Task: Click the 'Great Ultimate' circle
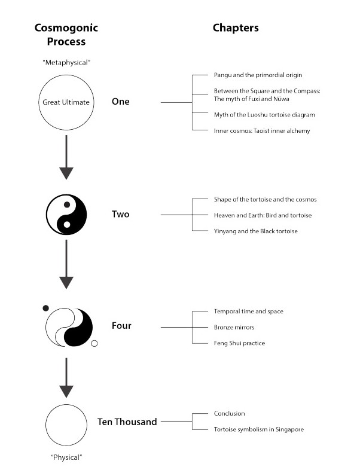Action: pos(66,102)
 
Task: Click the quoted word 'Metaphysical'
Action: pos(66,63)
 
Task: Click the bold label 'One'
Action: pos(120,102)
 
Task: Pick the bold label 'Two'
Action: pos(120,215)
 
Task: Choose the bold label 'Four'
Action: pos(121,326)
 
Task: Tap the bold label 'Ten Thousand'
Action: pos(127,422)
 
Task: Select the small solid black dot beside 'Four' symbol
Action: pos(45,308)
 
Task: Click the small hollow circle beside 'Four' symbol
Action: pos(94,343)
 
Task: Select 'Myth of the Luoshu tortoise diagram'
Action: pos(264,114)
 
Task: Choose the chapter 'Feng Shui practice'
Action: pos(239,343)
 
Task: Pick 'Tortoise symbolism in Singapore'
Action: pos(258,429)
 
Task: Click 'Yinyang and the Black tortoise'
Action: pos(255,231)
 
